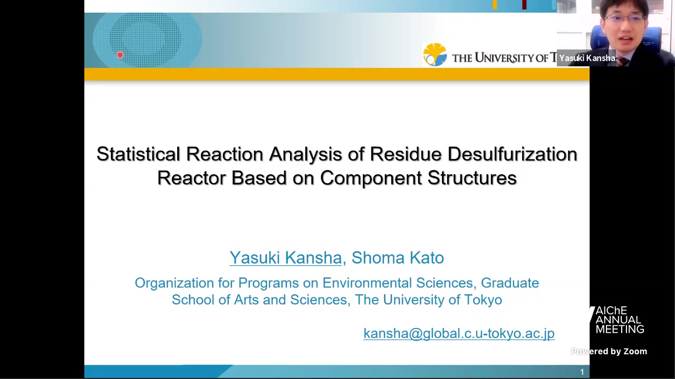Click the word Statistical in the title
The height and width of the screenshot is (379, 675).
point(138,154)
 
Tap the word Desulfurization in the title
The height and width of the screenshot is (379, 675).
point(512,154)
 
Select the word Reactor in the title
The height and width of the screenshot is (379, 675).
point(191,178)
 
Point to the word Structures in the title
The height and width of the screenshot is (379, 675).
point(472,178)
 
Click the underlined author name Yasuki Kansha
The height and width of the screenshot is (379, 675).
point(285,258)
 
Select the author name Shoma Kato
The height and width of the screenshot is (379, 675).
point(398,258)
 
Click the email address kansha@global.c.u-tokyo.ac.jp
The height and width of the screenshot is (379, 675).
point(459,333)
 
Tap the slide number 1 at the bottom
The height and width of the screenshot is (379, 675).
point(582,372)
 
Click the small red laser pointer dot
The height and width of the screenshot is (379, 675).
point(120,55)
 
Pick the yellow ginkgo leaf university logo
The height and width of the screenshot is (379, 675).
point(435,54)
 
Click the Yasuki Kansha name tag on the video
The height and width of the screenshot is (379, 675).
point(587,58)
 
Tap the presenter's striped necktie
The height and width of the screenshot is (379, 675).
point(623,62)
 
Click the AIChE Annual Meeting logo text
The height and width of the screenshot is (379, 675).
point(620,320)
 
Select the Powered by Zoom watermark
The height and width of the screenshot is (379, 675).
point(609,351)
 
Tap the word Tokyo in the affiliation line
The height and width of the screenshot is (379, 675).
point(483,300)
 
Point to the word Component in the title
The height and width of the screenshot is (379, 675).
point(371,178)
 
